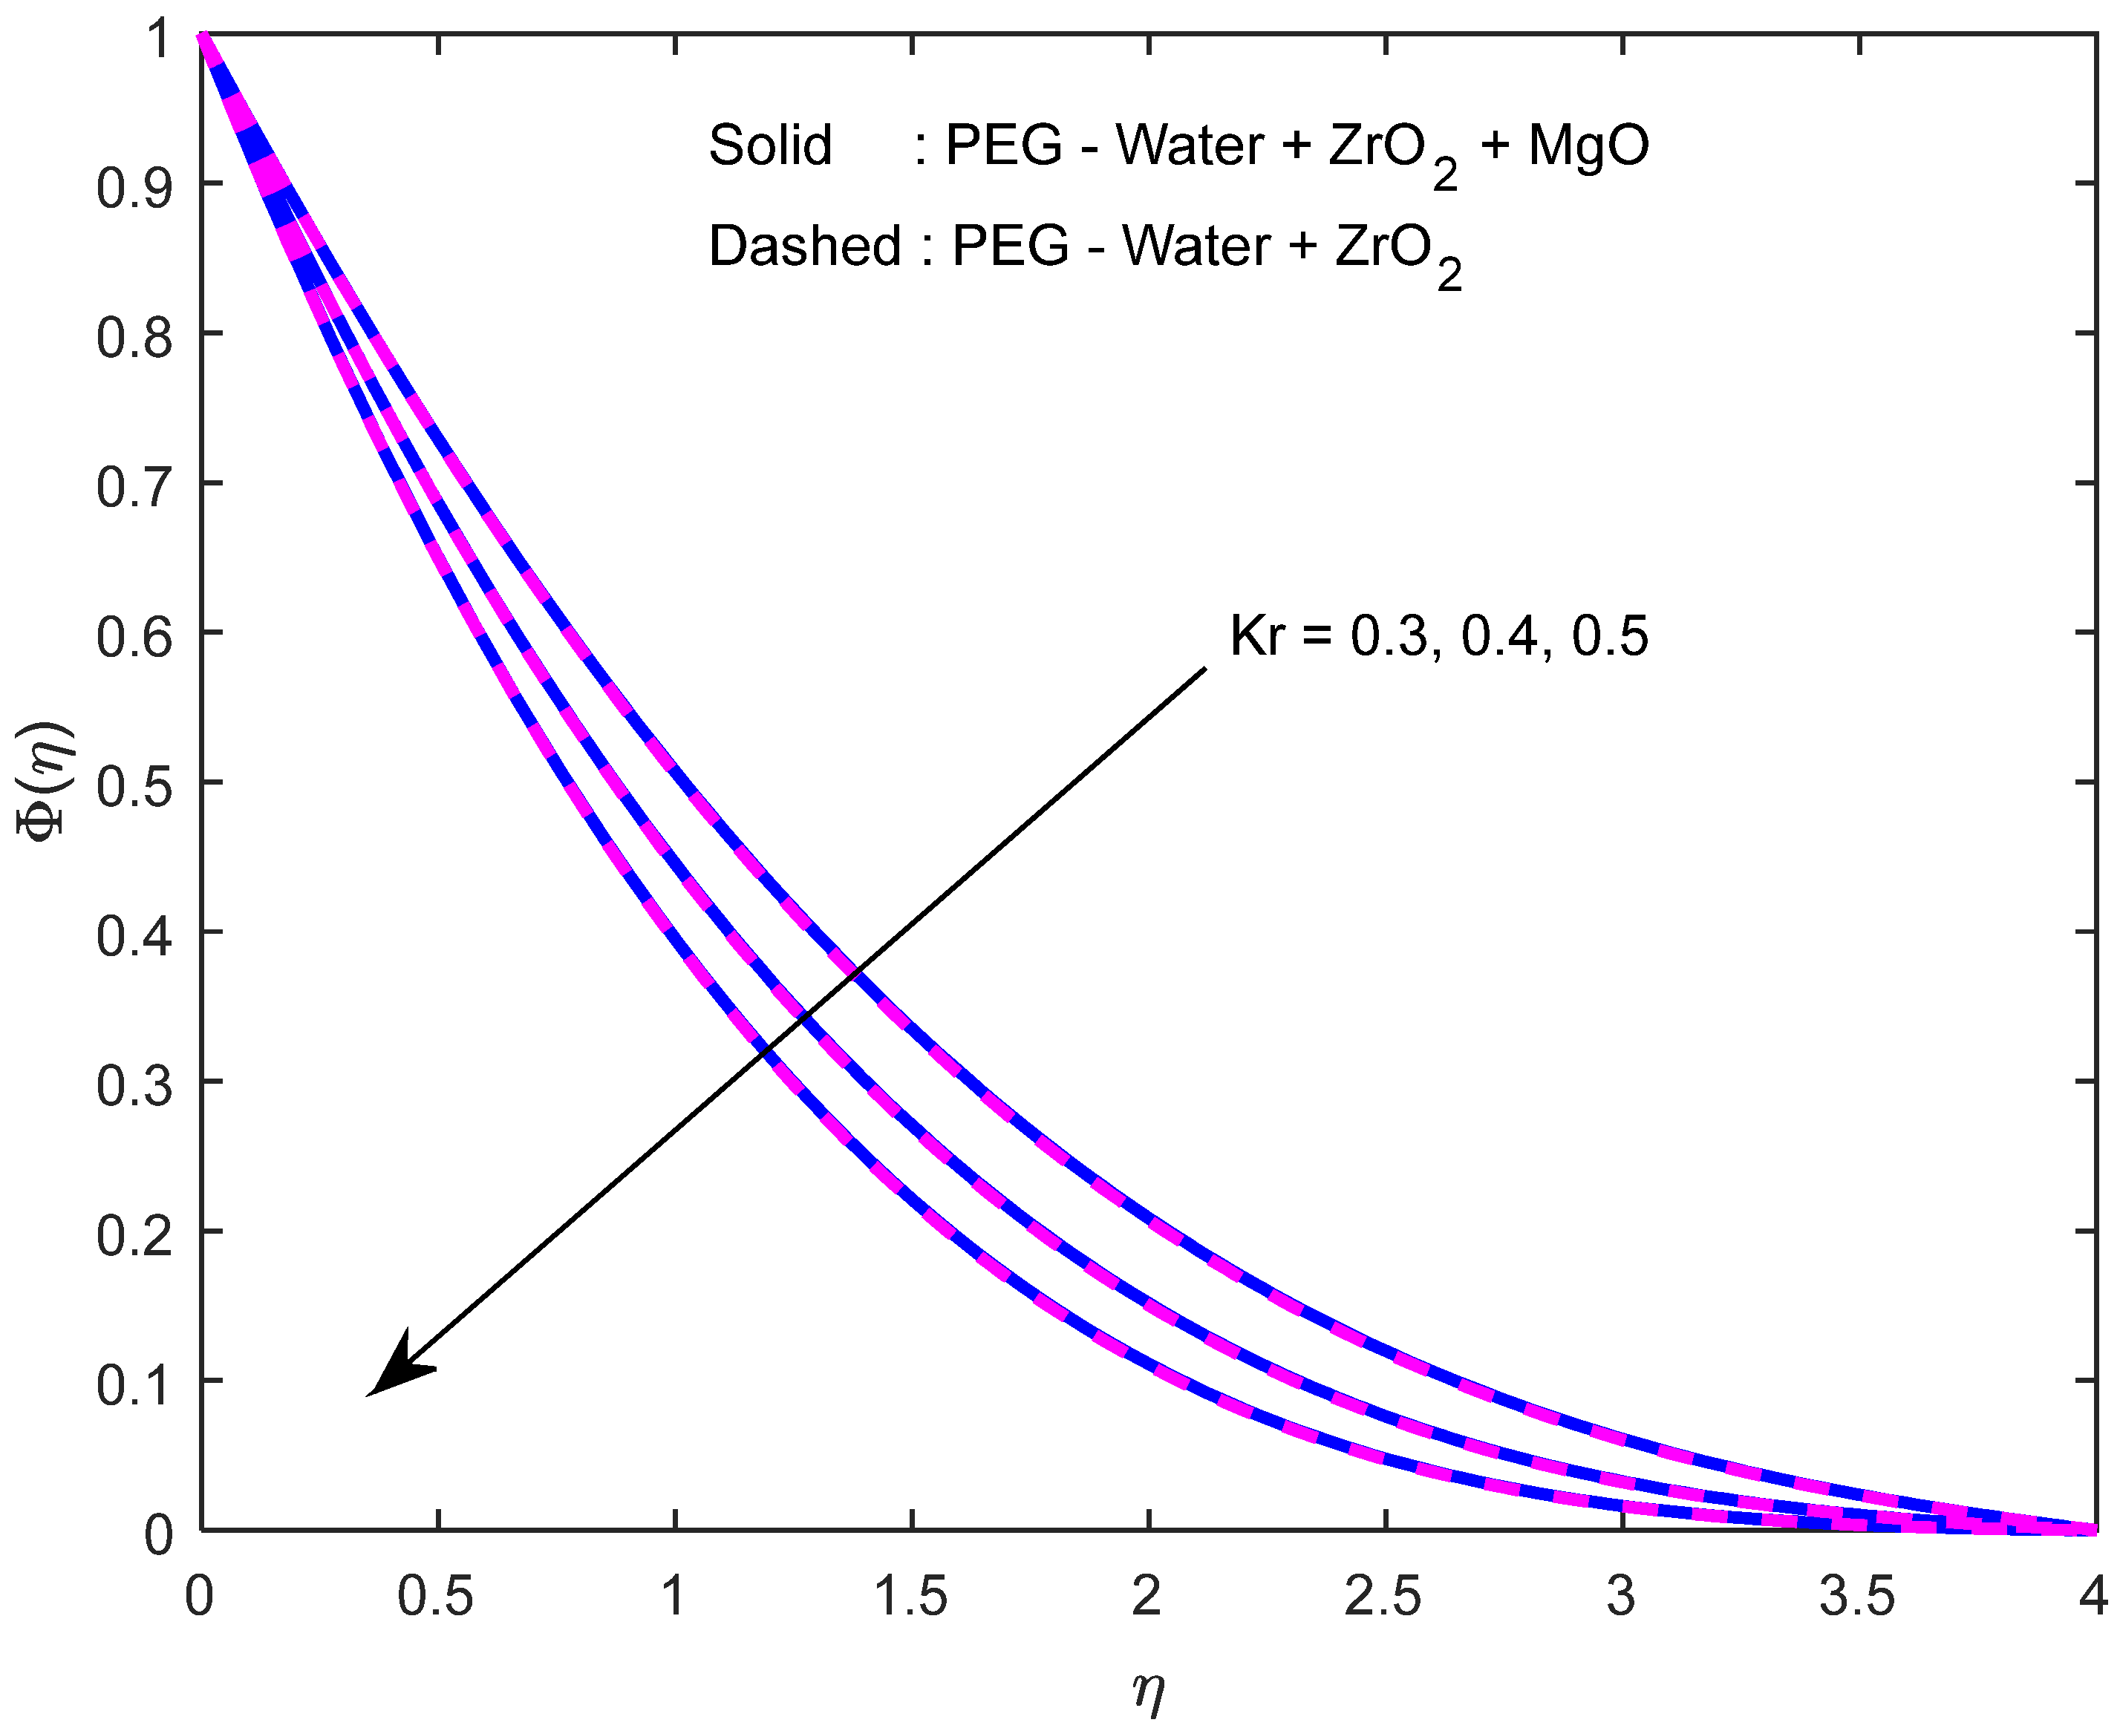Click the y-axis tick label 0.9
pyautogui.click(x=134, y=188)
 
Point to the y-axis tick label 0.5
pyautogui.click(x=134, y=787)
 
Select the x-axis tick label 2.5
pyautogui.click(x=1383, y=1596)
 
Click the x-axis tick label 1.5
pyautogui.click(x=910, y=1596)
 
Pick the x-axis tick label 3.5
pyautogui.click(x=1856, y=1596)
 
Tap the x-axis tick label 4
pyautogui.click(x=2092, y=1596)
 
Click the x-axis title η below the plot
pyautogui.click(x=1148, y=1688)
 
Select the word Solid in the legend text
pyautogui.click(x=770, y=145)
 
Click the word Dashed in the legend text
pyautogui.click(x=805, y=246)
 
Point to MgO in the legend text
pyautogui.click(x=1588, y=145)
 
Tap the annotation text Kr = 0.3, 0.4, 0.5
pyautogui.click(x=1438, y=635)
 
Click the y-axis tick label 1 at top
pyautogui.click(x=158, y=40)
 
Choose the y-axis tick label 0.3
pyautogui.click(x=134, y=1087)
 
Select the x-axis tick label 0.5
pyautogui.click(x=436, y=1596)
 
